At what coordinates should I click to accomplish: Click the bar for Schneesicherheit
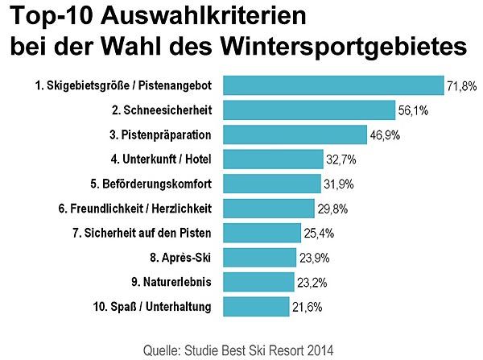[x=308, y=110]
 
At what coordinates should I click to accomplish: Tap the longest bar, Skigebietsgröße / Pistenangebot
[x=332, y=85]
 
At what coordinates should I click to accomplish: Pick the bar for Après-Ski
[x=258, y=258]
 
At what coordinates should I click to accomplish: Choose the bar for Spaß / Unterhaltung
[x=255, y=307]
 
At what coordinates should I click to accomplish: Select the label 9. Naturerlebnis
[x=171, y=282]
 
